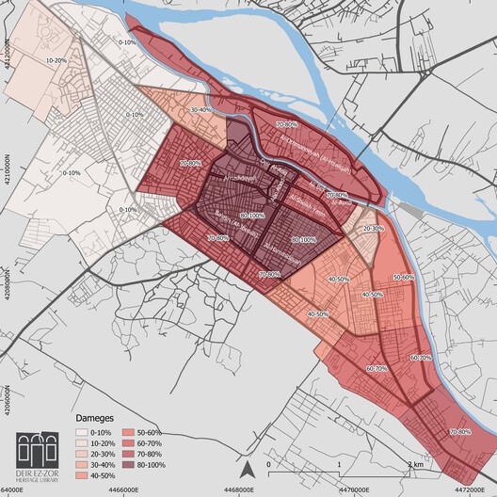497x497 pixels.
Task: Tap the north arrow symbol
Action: pos(247,468)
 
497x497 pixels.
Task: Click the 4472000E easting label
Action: pos(467,489)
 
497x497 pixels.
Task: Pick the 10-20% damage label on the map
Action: pos(56,60)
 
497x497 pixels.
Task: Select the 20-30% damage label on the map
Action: pos(374,227)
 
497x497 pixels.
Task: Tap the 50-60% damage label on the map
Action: pos(403,277)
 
